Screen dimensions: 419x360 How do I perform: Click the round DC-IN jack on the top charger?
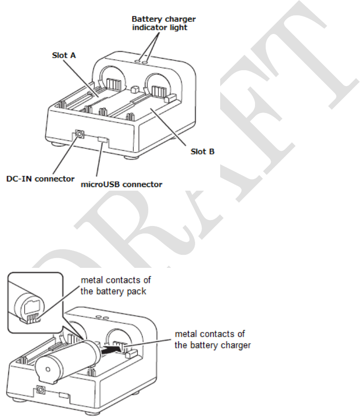tap(79, 135)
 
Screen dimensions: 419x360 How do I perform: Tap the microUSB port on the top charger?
tap(103, 139)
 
